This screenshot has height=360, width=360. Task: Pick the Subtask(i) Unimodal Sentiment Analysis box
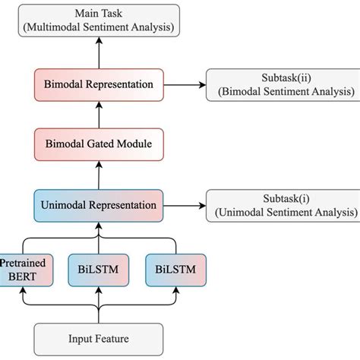pos(282,204)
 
